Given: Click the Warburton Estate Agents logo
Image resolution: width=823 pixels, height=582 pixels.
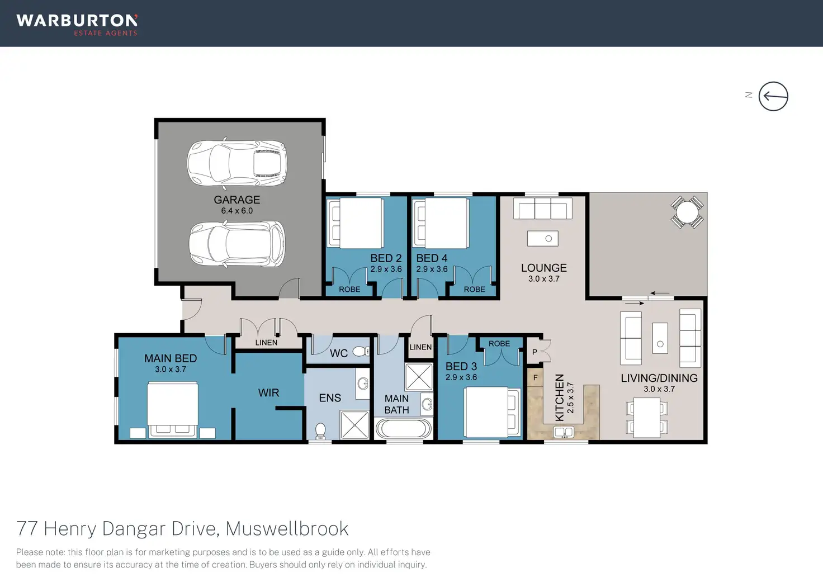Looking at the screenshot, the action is (77, 24).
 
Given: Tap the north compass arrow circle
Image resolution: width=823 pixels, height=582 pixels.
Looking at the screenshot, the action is (773, 96).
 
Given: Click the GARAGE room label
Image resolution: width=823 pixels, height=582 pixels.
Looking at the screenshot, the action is (237, 200).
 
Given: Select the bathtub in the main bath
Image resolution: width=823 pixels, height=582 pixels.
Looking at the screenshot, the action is (404, 429).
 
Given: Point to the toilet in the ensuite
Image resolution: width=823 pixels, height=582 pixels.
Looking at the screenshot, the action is (320, 430).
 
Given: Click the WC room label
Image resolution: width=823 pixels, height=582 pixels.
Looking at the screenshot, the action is (338, 353).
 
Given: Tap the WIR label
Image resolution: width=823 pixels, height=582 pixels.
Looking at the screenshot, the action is (268, 393).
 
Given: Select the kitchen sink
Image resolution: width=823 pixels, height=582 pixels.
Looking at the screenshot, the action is (564, 432).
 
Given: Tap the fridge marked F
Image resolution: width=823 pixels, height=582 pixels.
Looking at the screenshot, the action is (535, 378).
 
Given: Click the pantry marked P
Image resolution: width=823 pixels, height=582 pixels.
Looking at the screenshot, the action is (535, 352).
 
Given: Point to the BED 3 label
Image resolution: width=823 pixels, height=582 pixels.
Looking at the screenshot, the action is (461, 367).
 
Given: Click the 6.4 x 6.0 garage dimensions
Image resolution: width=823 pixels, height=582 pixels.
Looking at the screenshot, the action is (237, 211).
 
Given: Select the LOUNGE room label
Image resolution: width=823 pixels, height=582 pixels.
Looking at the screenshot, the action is (543, 268).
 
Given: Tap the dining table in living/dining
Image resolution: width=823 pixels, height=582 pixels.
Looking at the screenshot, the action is (647, 417).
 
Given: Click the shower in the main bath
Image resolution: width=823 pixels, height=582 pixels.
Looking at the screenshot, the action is (419, 377).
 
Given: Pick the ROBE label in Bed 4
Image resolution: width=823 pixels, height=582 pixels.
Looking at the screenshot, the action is (474, 289).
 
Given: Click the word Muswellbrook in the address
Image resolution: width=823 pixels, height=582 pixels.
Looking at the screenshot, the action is (287, 528).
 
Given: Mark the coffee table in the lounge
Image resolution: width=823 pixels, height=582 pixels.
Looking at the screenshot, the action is (542, 239).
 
